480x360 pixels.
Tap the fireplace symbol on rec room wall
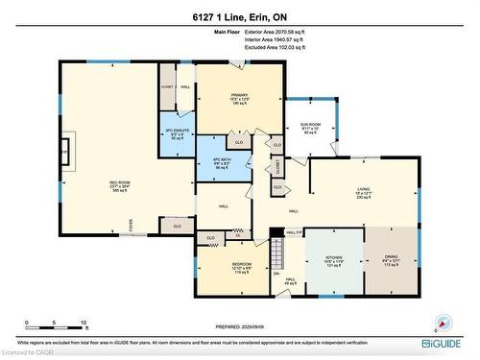tap(64, 152)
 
